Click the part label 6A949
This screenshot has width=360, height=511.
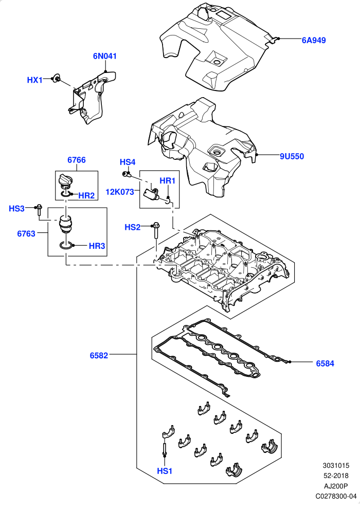point(314,41)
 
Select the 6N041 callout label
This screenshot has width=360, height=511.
point(105,56)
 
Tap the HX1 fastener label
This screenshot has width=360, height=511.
point(34,80)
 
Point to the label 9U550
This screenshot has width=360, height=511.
point(292,156)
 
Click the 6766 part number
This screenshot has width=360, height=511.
point(77,160)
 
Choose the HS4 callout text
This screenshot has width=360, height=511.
point(128,162)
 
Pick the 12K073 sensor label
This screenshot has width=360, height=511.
point(120,192)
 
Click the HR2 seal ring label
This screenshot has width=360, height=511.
point(86,195)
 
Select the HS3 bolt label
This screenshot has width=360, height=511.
point(16,209)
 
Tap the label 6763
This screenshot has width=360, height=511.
point(26,234)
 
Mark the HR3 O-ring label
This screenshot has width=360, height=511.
point(97,246)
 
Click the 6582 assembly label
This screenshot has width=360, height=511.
point(99,356)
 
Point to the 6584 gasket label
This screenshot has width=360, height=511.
point(325,363)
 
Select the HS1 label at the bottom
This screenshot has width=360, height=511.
point(165,471)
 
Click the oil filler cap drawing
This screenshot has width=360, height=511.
point(66,181)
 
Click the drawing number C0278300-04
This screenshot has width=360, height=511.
point(336,496)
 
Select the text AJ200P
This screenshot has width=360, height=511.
point(336,486)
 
